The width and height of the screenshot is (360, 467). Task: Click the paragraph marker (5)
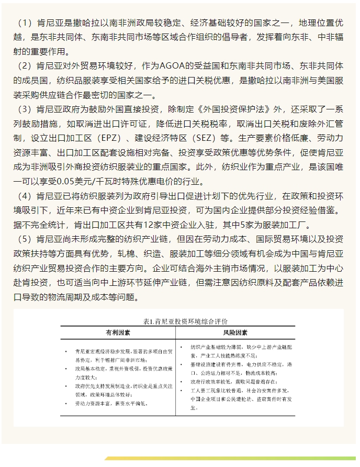coord(25,239)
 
